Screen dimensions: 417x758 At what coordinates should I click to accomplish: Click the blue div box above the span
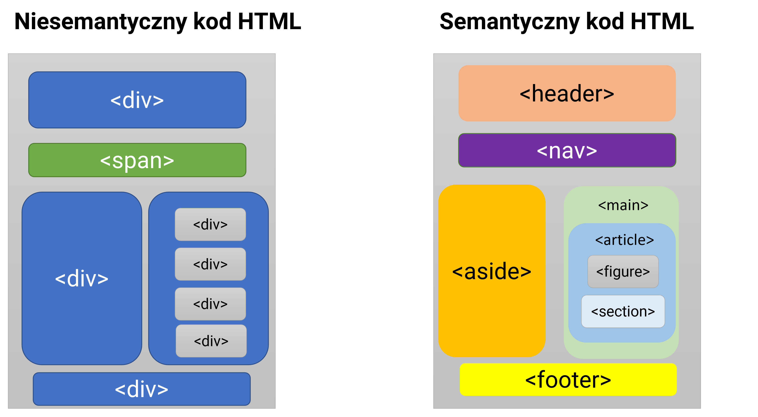(x=137, y=100)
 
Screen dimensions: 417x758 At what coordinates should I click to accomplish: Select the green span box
(x=137, y=160)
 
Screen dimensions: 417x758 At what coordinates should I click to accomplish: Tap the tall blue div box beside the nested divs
(x=82, y=278)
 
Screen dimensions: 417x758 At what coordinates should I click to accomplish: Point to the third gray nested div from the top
(x=210, y=304)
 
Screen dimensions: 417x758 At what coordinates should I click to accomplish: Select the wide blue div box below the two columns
(x=141, y=389)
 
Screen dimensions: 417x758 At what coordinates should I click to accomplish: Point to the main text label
(x=623, y=205)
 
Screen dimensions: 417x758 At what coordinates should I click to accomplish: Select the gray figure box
(x=623, y=272)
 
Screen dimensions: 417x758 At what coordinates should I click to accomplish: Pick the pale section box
(x=623, y=311)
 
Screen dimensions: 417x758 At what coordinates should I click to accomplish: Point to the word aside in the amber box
(x=492, y=271)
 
